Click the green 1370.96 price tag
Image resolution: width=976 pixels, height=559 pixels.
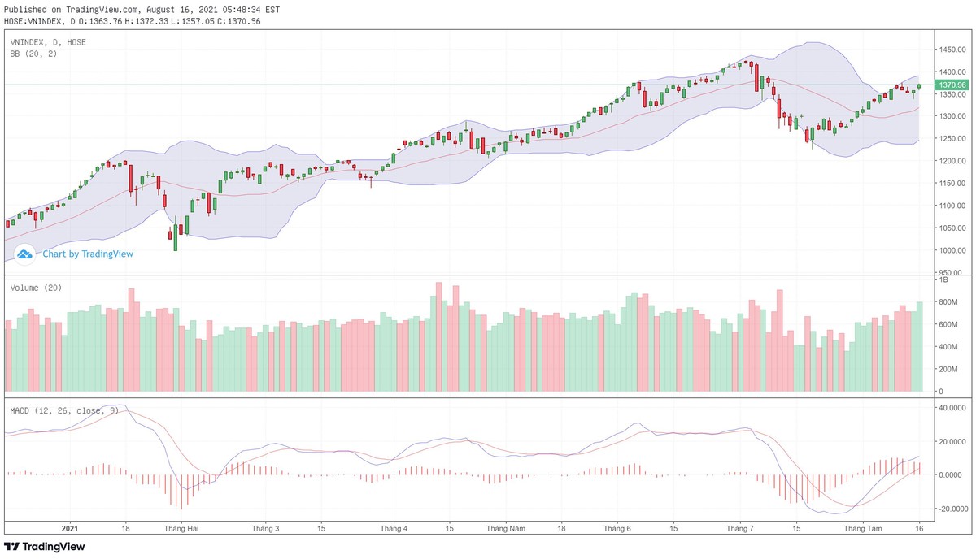tap(952, 84)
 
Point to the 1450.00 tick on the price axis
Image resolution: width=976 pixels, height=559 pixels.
tap(952, 50)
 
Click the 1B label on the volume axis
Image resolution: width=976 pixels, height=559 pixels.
tap(943, 280)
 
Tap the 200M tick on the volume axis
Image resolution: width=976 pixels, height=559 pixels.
tap(948, 369)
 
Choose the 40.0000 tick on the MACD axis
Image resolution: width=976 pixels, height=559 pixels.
tap(950, 408)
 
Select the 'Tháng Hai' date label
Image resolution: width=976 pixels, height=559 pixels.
tap(181, 528)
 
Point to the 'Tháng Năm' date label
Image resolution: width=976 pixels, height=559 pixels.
tap(504, 528)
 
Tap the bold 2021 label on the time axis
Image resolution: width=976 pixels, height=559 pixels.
tap(71, 528)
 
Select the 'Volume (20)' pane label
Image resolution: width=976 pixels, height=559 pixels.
tap(36, 288)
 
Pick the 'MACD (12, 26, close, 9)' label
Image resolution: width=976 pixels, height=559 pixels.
tap(64, 410)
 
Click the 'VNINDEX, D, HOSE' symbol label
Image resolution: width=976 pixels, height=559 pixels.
tap(48, 41)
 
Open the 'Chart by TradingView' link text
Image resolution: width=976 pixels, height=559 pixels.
tap(88, 253)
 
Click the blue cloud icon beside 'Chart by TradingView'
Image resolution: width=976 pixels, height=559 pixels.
tap(24, 253)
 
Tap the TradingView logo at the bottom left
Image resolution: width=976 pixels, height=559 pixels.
tap(45, 547)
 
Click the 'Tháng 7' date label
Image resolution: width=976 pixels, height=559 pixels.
tap(740, 528)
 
